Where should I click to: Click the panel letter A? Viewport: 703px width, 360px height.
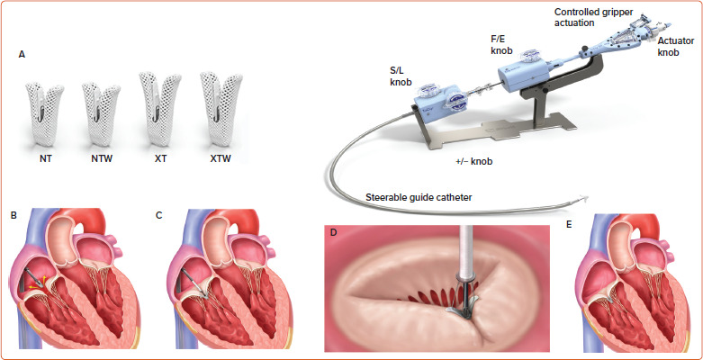22,55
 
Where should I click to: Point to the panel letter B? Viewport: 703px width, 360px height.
12,217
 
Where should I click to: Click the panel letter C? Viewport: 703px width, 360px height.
159,217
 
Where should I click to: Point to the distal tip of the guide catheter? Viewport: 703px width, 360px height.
590,200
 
